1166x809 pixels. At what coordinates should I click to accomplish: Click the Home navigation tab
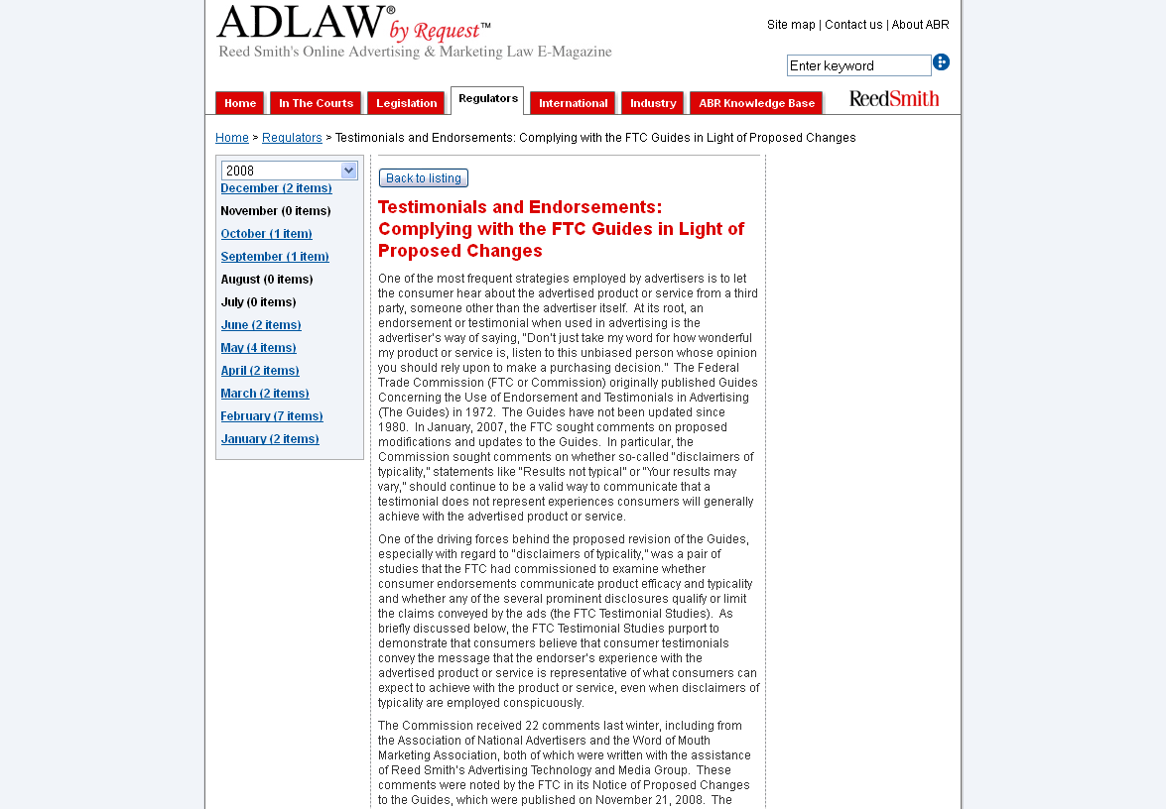[240, 103]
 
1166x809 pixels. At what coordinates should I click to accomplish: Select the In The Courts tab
[316, 103]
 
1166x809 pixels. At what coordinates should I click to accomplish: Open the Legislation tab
[406, 103]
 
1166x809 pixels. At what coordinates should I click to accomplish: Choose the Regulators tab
[487, 99]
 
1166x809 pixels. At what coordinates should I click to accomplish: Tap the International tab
[573, 103]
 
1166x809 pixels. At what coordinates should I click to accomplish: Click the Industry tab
[653, 103]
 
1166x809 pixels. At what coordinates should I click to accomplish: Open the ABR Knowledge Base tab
[756, 103]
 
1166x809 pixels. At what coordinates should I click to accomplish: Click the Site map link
[791, 25]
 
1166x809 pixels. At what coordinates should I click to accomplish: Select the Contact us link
[853, 25]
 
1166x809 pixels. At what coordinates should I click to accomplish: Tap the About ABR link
[920, 25]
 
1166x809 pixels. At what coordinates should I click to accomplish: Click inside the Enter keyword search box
[858, 65]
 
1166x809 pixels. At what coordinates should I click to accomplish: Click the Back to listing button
[424, 178]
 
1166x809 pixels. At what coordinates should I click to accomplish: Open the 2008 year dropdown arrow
[348, 171]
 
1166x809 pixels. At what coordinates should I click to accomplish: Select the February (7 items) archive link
[272, 416]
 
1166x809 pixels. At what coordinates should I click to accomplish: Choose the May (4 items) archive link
[258, 348]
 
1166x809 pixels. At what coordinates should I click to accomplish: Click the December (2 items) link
[276, 188]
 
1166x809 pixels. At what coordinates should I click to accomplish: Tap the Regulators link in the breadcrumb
[292, 138]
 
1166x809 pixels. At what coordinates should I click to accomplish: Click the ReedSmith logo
[893, 99]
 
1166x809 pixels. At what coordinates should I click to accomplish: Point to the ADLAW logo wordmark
[304, 24]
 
